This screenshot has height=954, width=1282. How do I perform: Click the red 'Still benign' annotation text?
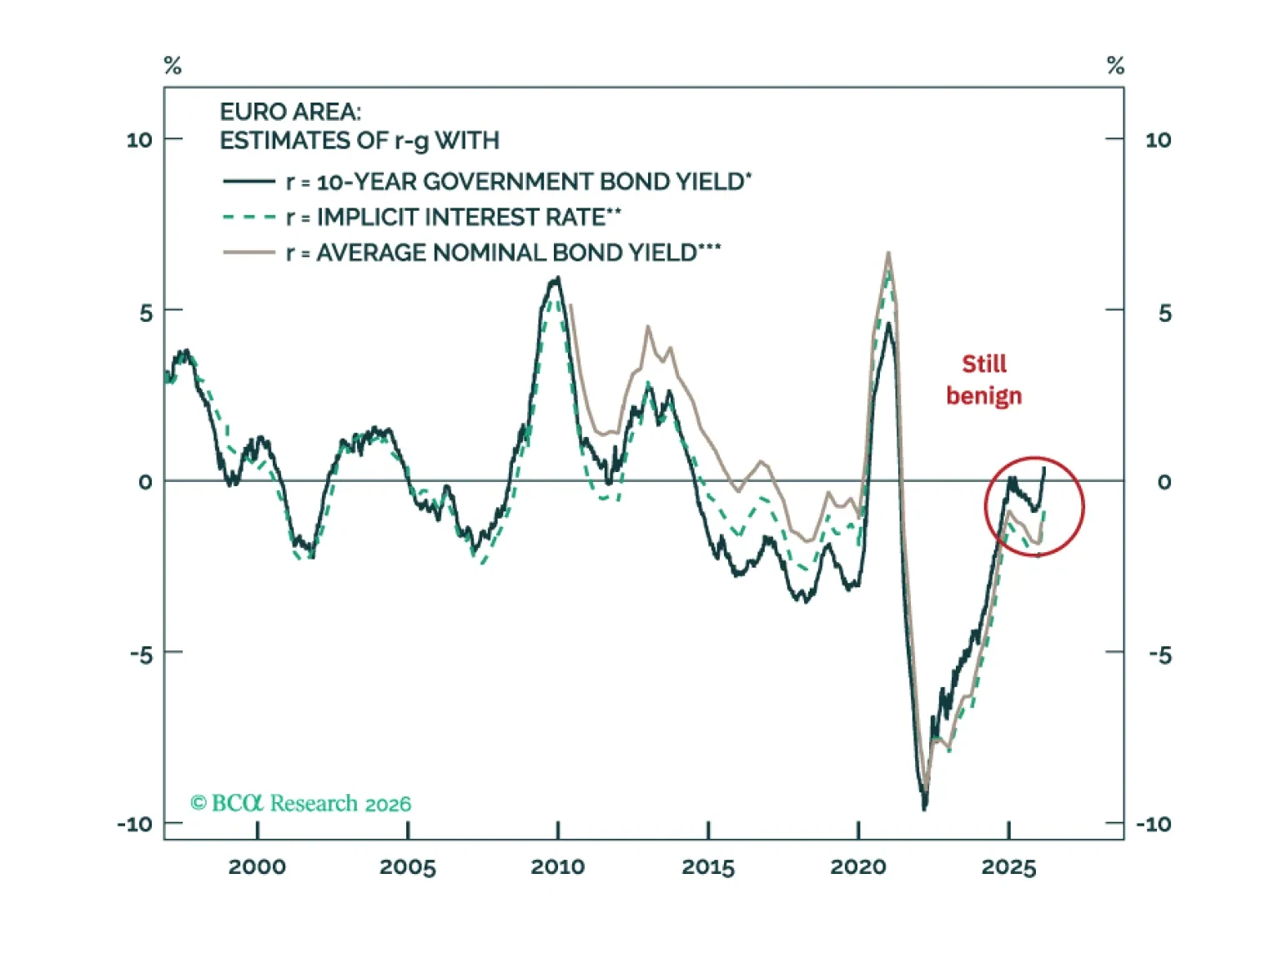983,379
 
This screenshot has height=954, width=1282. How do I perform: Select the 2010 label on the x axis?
557,867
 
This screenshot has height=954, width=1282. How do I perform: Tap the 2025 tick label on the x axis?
1008,867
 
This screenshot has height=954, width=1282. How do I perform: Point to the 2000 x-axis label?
257,867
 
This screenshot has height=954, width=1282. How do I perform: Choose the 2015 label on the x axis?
708,867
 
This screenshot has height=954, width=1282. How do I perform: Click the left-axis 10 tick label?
139,139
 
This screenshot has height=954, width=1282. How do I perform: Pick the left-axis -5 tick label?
141,655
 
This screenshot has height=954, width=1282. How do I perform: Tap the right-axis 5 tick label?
1164,313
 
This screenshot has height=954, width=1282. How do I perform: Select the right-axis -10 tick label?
1154,825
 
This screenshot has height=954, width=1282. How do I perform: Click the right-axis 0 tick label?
1164,482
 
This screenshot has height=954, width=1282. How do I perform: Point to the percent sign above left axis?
173,66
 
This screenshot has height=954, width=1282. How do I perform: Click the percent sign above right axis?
1115,66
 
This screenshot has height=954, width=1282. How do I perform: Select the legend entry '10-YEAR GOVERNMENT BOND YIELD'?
517,182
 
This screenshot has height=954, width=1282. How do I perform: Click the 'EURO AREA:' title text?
290,112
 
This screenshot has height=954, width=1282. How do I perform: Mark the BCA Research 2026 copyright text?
301,803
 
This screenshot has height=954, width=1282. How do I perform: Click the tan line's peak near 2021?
888,253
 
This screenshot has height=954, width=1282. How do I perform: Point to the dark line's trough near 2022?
924,808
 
